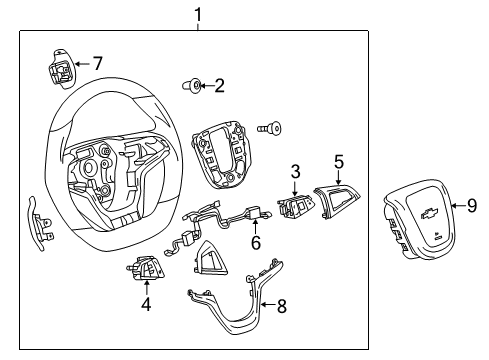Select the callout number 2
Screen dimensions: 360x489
click(219, 86)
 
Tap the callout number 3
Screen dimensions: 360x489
click(295, 173)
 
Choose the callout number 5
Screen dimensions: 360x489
click(338, 160)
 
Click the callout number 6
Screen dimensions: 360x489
click(255, 242)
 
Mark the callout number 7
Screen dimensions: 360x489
click(96, 62)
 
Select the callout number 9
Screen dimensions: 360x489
click(472, 205)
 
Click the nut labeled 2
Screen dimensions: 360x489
click(195, 85)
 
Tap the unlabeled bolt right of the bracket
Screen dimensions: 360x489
click(267, 128)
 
